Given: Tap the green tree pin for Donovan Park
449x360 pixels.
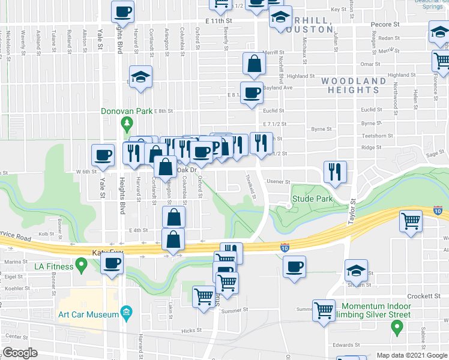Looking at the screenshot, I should [126, 124].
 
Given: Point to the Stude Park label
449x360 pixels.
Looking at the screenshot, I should [312, 199].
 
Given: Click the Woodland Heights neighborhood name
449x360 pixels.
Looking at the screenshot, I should [354, 85].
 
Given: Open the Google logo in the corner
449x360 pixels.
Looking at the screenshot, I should [20, 353].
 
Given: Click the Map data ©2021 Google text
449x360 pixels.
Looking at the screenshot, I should [412, 355].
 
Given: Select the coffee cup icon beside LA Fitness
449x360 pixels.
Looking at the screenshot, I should [112, 262].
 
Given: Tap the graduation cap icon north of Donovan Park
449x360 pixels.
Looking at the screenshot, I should [141, 76].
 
